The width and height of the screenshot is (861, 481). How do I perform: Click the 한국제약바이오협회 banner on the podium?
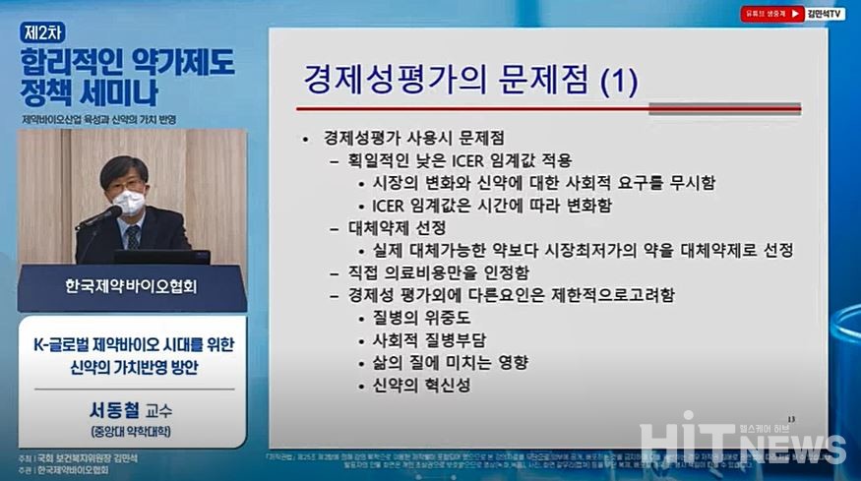point(132,288)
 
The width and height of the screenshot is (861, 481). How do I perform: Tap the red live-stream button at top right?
point(772,14)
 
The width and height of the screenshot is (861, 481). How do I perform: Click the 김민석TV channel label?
point(827,14)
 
